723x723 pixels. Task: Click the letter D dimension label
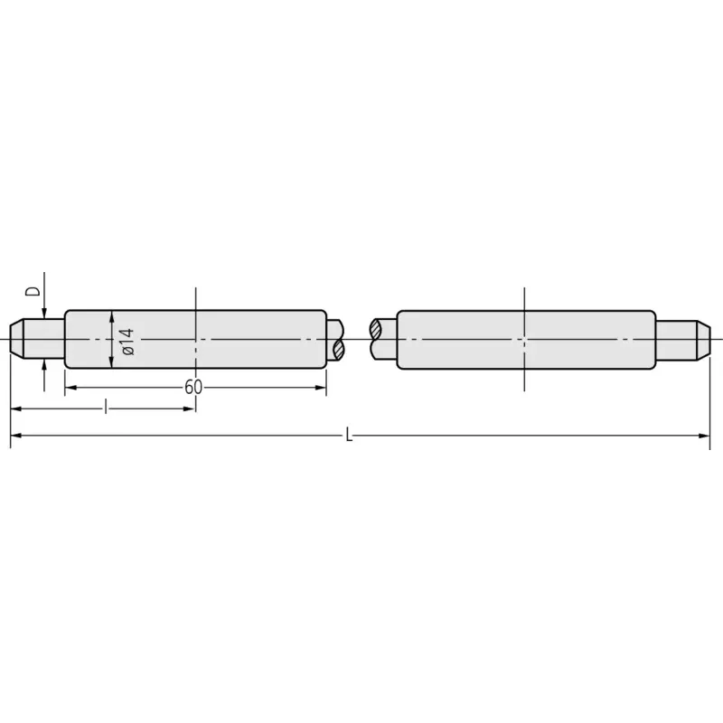33,291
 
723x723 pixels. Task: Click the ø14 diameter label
127,342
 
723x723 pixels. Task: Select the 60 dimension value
193,388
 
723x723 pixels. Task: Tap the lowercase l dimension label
106,408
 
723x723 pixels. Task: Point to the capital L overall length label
349,435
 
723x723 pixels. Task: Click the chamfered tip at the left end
16,340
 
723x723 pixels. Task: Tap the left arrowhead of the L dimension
15,436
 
